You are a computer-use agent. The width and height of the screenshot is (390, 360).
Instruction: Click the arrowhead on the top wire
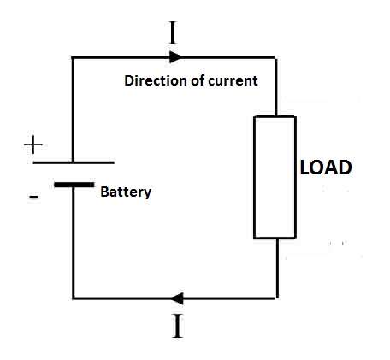[175, 57]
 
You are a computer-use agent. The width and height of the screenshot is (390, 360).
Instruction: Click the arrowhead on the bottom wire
[177, 298]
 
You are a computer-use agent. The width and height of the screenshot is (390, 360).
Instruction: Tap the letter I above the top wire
[173, 32]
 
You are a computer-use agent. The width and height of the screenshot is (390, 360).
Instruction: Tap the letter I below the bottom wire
[178, 326]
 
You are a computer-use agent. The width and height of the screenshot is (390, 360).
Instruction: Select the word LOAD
[326, 168]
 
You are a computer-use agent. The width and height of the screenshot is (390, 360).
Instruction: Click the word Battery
[126, 192]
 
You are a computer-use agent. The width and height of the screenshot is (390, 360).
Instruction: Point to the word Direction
[157, 80]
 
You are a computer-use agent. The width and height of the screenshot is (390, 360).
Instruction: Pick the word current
[233, 80]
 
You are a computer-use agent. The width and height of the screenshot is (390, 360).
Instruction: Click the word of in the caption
[198, 80]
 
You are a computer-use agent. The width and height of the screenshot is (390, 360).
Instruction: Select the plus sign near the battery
[33, 145]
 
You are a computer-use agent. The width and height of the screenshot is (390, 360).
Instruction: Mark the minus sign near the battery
[33, 197]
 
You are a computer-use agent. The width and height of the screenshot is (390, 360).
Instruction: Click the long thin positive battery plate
[74, 162]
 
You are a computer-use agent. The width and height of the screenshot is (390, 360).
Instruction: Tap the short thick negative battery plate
[74, 185]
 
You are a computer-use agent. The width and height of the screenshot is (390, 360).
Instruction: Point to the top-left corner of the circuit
[73, 57]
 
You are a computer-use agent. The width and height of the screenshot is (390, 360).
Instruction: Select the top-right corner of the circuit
[275, 57]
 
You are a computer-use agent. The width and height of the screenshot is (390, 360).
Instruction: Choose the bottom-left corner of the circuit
[74, 298]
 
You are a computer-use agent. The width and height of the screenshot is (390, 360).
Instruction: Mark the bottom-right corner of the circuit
[276, 298]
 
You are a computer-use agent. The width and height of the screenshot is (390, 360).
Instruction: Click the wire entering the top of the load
[275, 86]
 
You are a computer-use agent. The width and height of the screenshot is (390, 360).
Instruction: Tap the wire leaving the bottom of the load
[276, 269]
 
